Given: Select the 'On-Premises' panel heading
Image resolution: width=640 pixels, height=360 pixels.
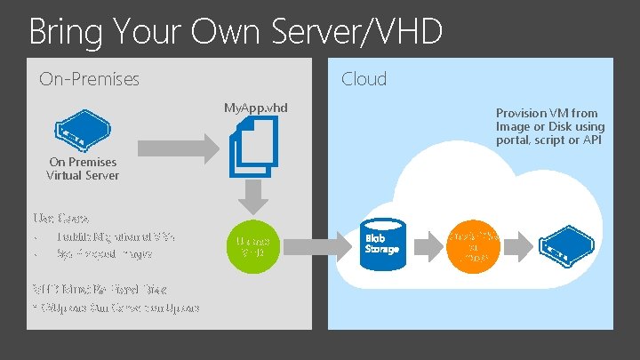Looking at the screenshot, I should pyautogui.click(x=89, y=79).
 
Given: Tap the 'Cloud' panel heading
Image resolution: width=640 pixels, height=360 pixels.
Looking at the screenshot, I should pyautogui.click(x=364, y=79).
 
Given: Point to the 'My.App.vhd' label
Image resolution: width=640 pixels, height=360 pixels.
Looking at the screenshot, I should pyautogui.click(x=256, y=108).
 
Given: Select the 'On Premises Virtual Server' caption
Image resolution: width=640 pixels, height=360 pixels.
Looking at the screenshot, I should pyautogui.click(x=83, y=169).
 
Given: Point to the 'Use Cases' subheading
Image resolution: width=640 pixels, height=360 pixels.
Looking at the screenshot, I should pyautogui.click(x=60, y=217).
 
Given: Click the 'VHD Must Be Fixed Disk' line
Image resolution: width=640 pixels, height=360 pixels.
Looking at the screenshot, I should pyautogui.click(x=100, y=290).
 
